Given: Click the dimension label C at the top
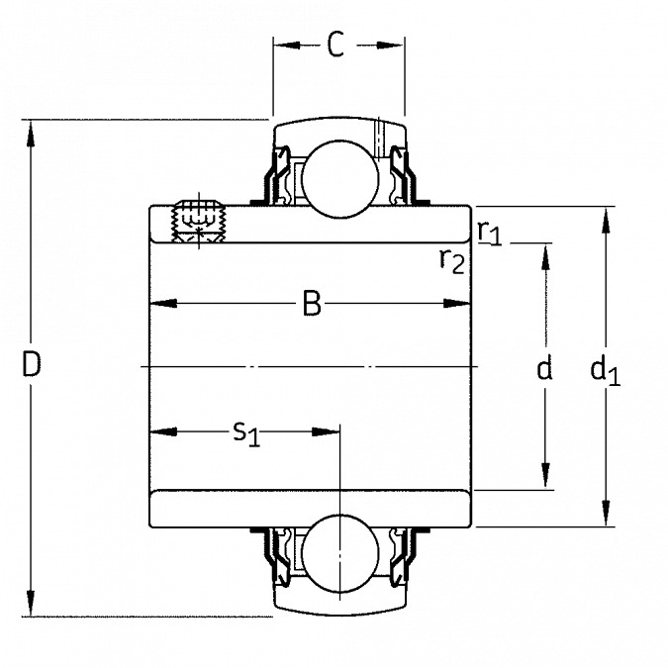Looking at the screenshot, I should [336, 46].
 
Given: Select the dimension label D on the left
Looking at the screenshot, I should [32, 366].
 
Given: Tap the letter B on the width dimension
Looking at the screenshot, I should [312, 305].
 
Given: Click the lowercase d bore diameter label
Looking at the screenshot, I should [543, 369].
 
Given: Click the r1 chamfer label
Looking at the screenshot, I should [489, 232].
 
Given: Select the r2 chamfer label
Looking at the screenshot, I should [452, 259].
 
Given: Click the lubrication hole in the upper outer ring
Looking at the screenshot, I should [378, 136].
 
